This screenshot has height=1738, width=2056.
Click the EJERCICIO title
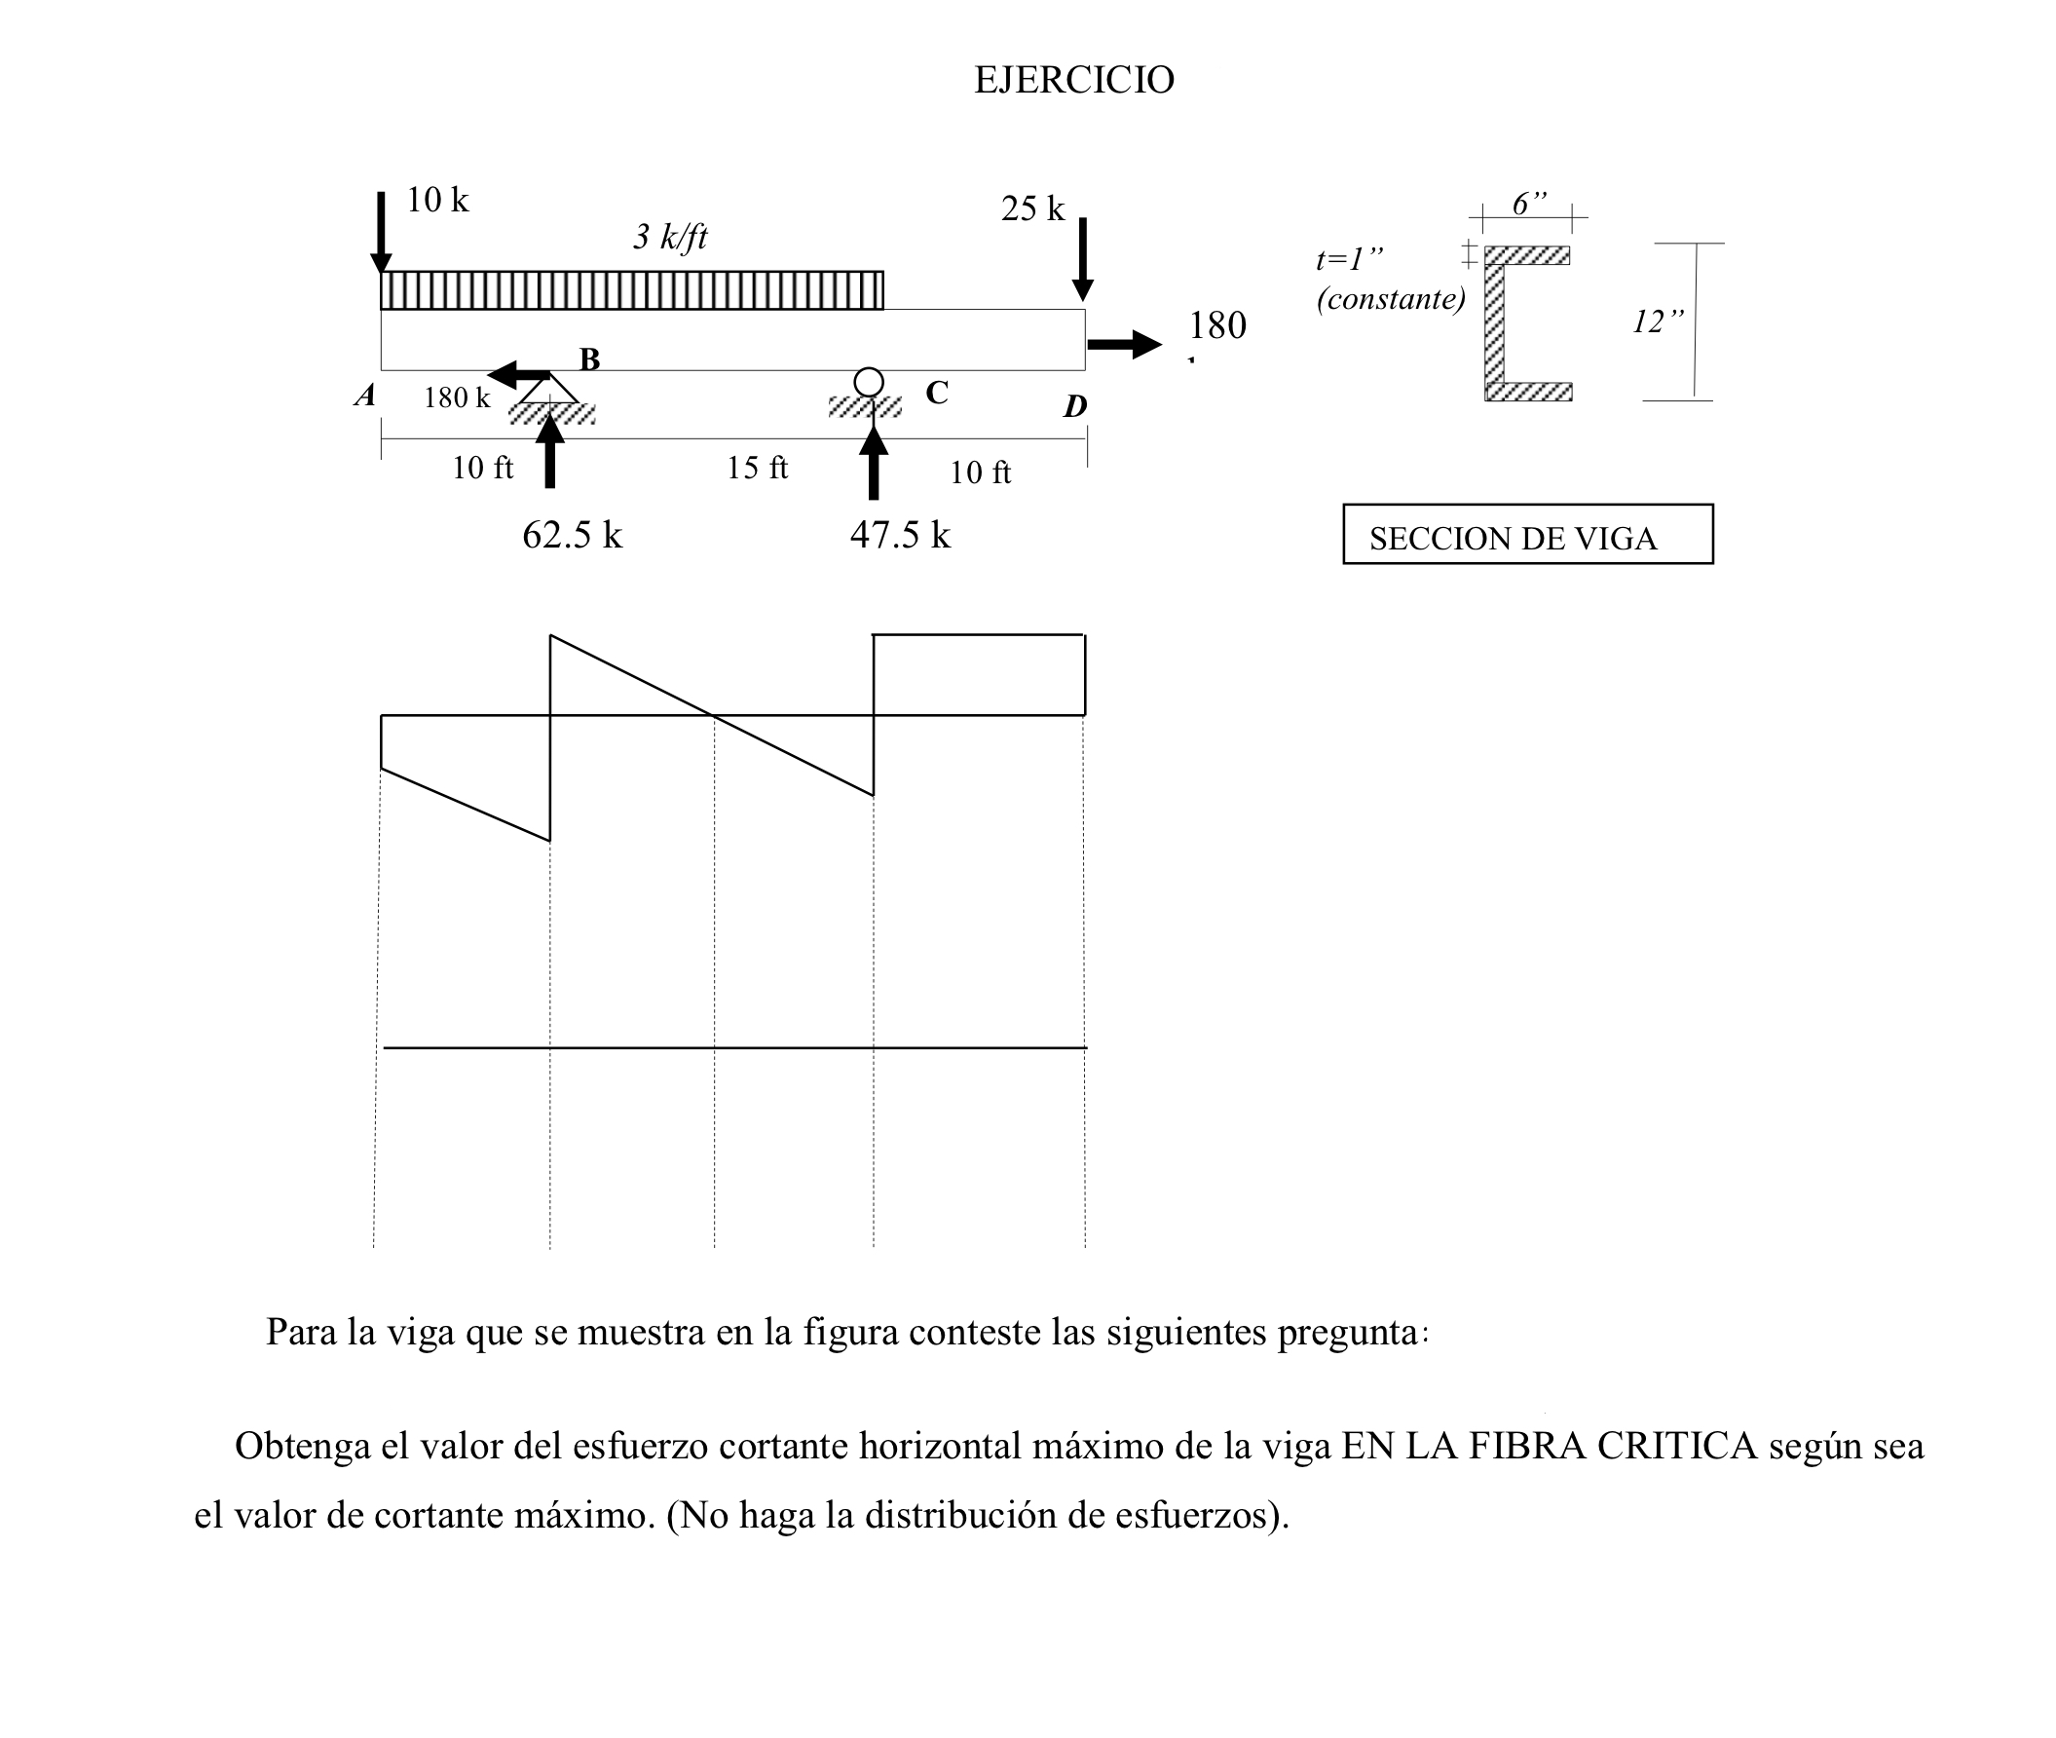point(1073,80)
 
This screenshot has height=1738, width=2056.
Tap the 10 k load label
point(436,200)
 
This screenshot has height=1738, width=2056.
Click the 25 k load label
point(1031,208)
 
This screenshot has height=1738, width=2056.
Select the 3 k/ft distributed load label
point(669,237)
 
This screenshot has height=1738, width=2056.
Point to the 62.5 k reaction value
point(572,535)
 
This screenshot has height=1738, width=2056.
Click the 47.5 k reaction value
point(898,535)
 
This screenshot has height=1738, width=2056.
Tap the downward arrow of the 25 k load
point(1082,258)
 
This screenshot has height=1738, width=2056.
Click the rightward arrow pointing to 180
point(1124,344)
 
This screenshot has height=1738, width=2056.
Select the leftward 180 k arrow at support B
point(518,374)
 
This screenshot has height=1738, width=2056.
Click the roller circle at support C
point(868,381)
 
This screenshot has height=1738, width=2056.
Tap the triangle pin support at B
point(549,389)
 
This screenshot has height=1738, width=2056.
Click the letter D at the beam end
point(1074,406)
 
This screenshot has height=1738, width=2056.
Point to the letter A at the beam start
point(365,397)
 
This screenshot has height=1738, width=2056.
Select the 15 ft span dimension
point(757,468)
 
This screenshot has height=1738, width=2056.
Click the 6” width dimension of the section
point(1528,204)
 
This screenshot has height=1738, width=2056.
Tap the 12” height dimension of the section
point(1657,321)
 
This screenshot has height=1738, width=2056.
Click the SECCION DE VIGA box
point(1526,535)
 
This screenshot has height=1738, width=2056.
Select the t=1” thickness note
point(1349,259)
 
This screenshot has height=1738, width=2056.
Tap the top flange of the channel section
point(1526,256)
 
